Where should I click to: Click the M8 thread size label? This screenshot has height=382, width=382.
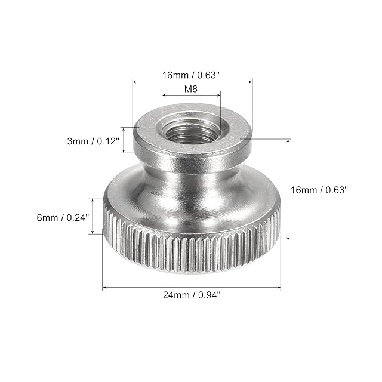191,89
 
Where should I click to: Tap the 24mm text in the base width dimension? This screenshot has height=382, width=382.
176,295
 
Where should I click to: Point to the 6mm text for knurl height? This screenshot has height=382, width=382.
47,217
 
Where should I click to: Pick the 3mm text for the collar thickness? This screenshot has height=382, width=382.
78,141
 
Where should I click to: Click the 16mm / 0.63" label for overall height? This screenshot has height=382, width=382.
319,190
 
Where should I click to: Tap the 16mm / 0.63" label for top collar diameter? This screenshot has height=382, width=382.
191,75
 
